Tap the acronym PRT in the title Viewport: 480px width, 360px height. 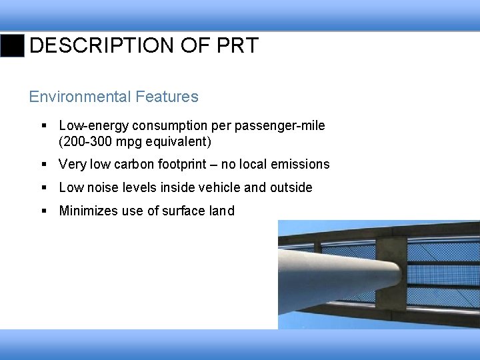point(237,46)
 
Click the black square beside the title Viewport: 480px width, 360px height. point(13,46)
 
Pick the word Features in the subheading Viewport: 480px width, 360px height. point(167,97)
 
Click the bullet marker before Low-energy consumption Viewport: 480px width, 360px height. point(43,125)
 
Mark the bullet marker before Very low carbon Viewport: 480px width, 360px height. point(43,164)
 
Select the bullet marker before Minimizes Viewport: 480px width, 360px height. point(43,211)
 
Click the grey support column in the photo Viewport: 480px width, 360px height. point(333,280)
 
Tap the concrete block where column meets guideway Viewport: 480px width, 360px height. point(391,273)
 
